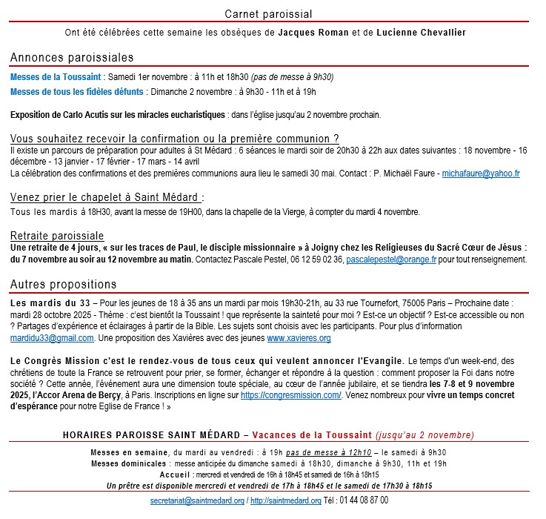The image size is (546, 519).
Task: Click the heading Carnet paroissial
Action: pyautogui.click(x=268, y=14)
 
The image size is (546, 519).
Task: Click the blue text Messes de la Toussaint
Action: pyautogui.click(x=56, y=76)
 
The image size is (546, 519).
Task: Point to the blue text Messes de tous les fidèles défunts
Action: pyautogui.click(x=78, y=92)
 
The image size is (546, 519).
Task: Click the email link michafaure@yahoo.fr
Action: pyautogui.click(x=481, y=173)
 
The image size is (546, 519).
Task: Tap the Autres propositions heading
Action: pyautogui.click(x=63, y=284)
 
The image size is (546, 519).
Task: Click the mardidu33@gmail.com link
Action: pyautogui.click(x=52, y=338)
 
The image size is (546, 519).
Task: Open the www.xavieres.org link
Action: pyautogui.click(x=299, y=338)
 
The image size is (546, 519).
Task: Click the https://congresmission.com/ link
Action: pyautogui.click(x=290, y=396)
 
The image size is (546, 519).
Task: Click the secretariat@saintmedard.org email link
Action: pyautogui.click(x=196, y=500)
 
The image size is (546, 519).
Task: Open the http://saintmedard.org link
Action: pyautogui.click(x=285, y=500)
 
